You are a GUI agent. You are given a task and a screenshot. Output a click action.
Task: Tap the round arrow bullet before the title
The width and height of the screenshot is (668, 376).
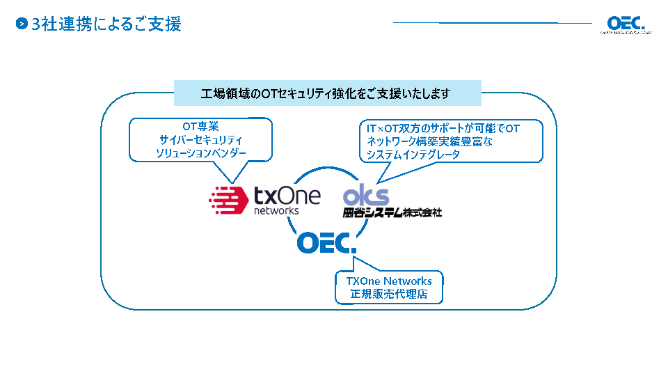pyautogui.click(x=22, y=24)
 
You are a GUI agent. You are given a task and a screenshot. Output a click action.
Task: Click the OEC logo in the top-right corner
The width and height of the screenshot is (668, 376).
pyautogui.click(x=626, y=24)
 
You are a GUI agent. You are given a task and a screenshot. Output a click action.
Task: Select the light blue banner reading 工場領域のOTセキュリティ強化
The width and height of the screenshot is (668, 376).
pyautogui.click(x=327, y=93)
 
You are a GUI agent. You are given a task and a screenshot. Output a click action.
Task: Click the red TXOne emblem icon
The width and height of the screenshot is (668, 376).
pyautogui.click(x=229, y=199)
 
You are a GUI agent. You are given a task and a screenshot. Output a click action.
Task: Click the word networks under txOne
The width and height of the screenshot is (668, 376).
pyautogui.click(x=276, y=210)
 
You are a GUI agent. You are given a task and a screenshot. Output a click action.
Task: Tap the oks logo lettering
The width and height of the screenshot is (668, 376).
pyautogui.click(x=366, y=195)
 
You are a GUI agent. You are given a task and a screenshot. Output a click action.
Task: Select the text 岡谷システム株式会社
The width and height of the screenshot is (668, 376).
pyautogui.click(x=392, y=212)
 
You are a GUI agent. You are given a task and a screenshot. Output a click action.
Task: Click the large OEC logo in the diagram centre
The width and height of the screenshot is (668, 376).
pyautogui.click(x=326, y=242)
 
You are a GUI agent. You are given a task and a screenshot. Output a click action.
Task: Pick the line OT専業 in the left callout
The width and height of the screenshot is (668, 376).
pyautogui.click(x=200, y=127)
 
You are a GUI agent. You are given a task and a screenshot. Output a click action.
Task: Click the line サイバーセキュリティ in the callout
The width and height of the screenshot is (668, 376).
pyautogui.click(x=200, y=139)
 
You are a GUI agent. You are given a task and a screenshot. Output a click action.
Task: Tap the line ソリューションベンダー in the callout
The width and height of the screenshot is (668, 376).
pyautogui.click(x=200, y=152)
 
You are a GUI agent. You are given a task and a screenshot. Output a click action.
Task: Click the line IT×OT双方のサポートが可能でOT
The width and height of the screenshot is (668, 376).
pyautogui.click(x=443, y=129)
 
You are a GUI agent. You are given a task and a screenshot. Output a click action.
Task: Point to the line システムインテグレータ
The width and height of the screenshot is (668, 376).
pyautogui.click(x=413, y=155)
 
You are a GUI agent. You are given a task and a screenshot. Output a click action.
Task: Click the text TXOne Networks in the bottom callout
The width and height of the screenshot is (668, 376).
pyautogui.click(x=389, y=281)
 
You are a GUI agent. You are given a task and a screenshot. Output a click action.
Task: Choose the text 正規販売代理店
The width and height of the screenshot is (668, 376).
pyautogui.click(x=389, y=295)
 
